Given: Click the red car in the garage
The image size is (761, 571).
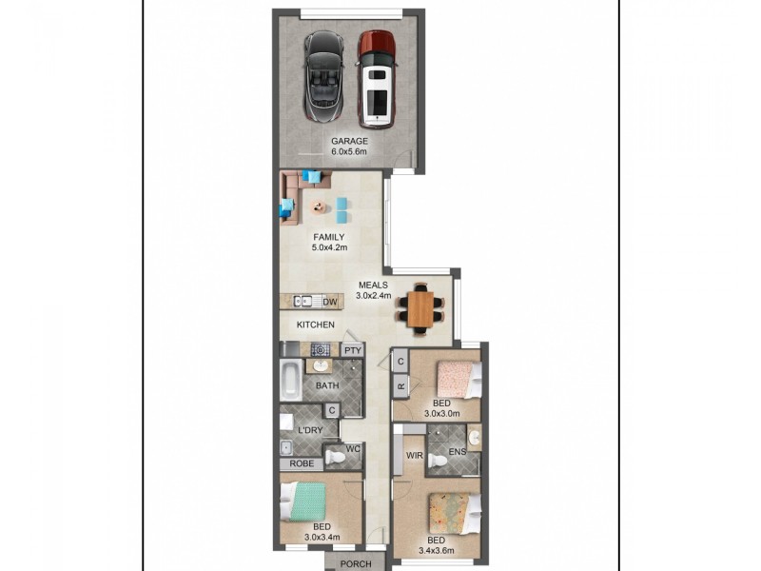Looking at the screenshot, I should (377, 79).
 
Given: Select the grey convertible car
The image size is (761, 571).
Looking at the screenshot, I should (323, 77).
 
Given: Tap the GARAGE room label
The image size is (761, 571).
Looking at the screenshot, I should (349, 141).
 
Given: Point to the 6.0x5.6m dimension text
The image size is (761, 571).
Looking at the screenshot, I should (349, 151).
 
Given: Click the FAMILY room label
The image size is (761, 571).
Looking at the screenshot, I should (329, 238).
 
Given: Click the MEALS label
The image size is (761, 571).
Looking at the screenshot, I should (373, 285).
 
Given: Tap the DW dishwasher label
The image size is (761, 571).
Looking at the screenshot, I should (330, 303).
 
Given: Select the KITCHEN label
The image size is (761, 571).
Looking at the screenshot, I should (316, 325).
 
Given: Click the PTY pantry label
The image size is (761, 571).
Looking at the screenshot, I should (353, 350).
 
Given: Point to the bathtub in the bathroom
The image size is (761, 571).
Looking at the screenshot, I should (290, 384).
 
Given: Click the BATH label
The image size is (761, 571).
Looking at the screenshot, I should (327, 385).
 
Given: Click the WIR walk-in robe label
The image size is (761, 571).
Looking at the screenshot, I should (414, 456).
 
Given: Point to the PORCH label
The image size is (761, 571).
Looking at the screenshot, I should (356, 563).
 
